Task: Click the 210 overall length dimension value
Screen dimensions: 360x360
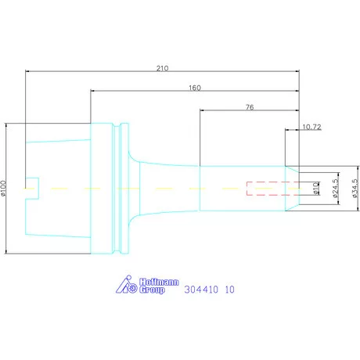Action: coord(162,68)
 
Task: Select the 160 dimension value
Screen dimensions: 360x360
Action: coord(195,88)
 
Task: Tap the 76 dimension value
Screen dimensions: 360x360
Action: coord(250,107)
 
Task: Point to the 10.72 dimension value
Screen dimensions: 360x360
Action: coord(311,127)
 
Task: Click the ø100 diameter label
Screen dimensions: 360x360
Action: coord(3,188)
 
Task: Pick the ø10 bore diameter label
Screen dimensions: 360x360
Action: coord(316,189)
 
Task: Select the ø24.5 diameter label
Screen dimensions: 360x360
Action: coord(336,189)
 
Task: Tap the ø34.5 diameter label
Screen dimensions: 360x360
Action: coord(355,189)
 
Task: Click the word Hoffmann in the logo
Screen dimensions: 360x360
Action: coord(159,282)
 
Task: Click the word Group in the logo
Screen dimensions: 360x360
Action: coord(152,290)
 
